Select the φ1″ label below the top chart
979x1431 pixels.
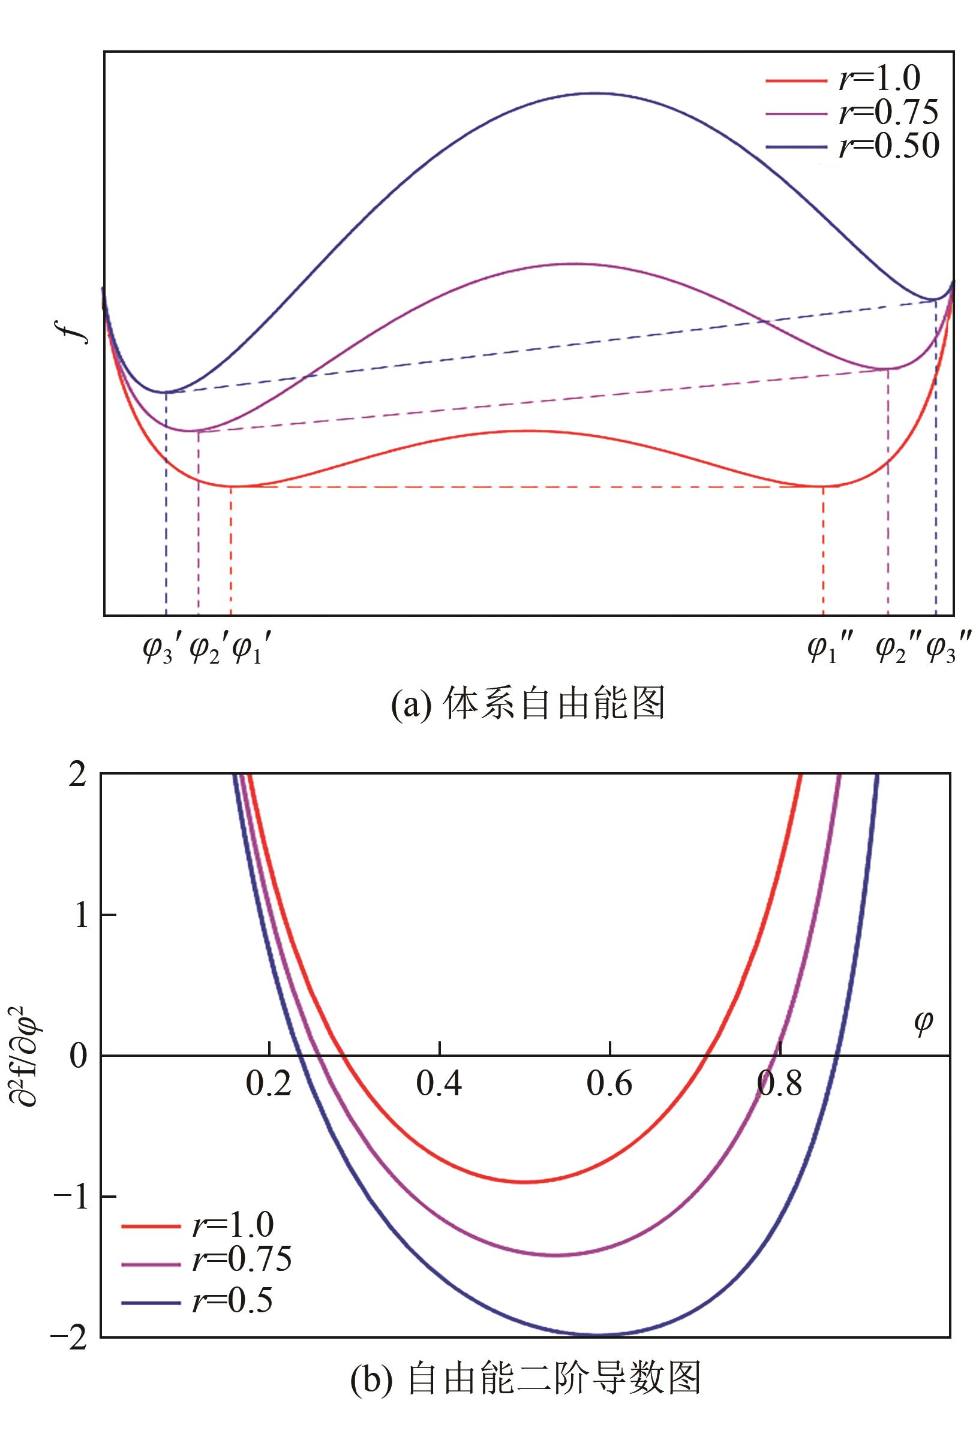pyautogui.click(x=829, y=650)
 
